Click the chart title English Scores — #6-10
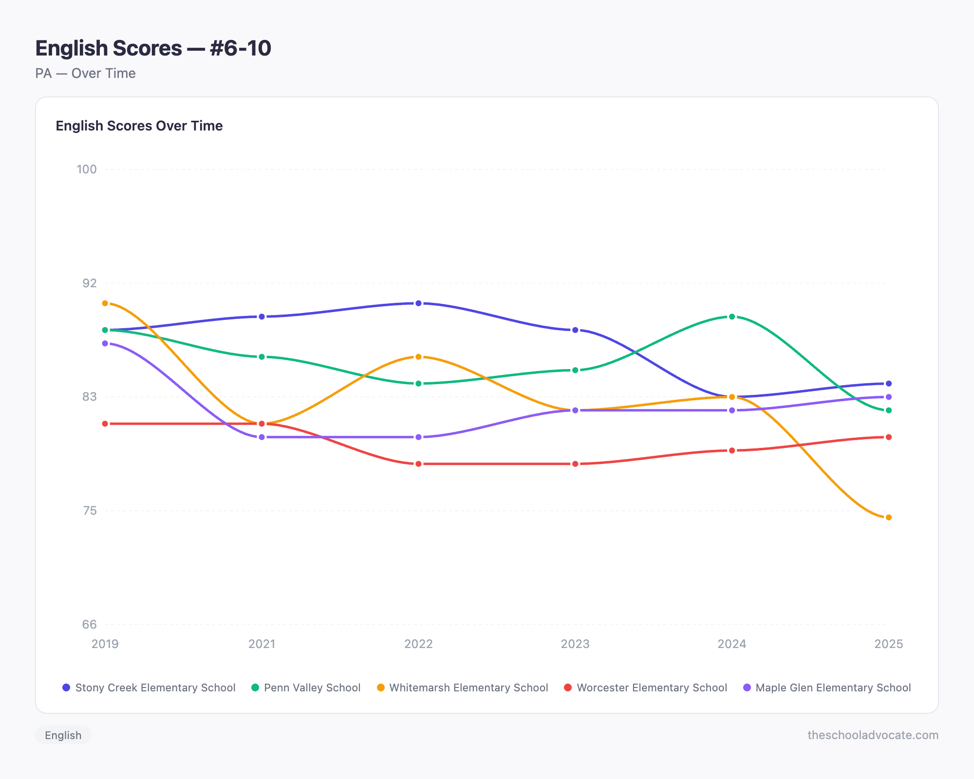153,48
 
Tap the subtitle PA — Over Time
85,74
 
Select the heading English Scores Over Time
139,126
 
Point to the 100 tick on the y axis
87,169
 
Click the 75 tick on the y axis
90,511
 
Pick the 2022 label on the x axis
418,644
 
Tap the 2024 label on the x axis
731,644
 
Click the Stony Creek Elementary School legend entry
149,687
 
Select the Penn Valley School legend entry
306,687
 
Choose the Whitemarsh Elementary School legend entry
463,687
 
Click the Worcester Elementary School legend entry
645,687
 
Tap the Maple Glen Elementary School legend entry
827,687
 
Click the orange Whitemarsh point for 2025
889,518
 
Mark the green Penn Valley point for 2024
732,316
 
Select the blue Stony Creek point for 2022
418,303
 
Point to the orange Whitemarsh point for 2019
105,303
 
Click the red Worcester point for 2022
418,464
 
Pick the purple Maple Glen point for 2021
262,437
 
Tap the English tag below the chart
63,735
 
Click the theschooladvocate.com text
873,735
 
